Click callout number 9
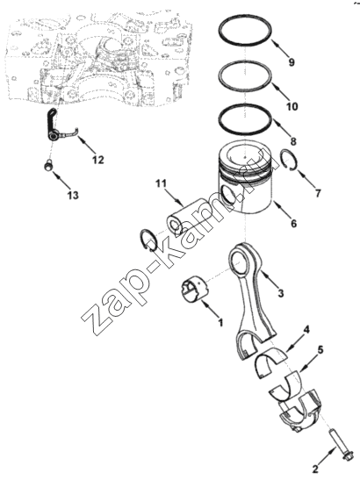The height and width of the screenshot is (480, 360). tap(292, 62)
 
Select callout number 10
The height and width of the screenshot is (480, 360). tap(292, 106)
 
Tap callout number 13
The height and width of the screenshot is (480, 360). tap(73, 195)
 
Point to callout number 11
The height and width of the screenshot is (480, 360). tap(161, 183)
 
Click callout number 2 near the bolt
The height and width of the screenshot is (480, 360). tap(315, 469)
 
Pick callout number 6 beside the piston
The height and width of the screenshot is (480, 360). tap(293, 224)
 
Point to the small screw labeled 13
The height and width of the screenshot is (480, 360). tap(47, 166)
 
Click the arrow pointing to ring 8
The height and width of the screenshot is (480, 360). tap(281, 127)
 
